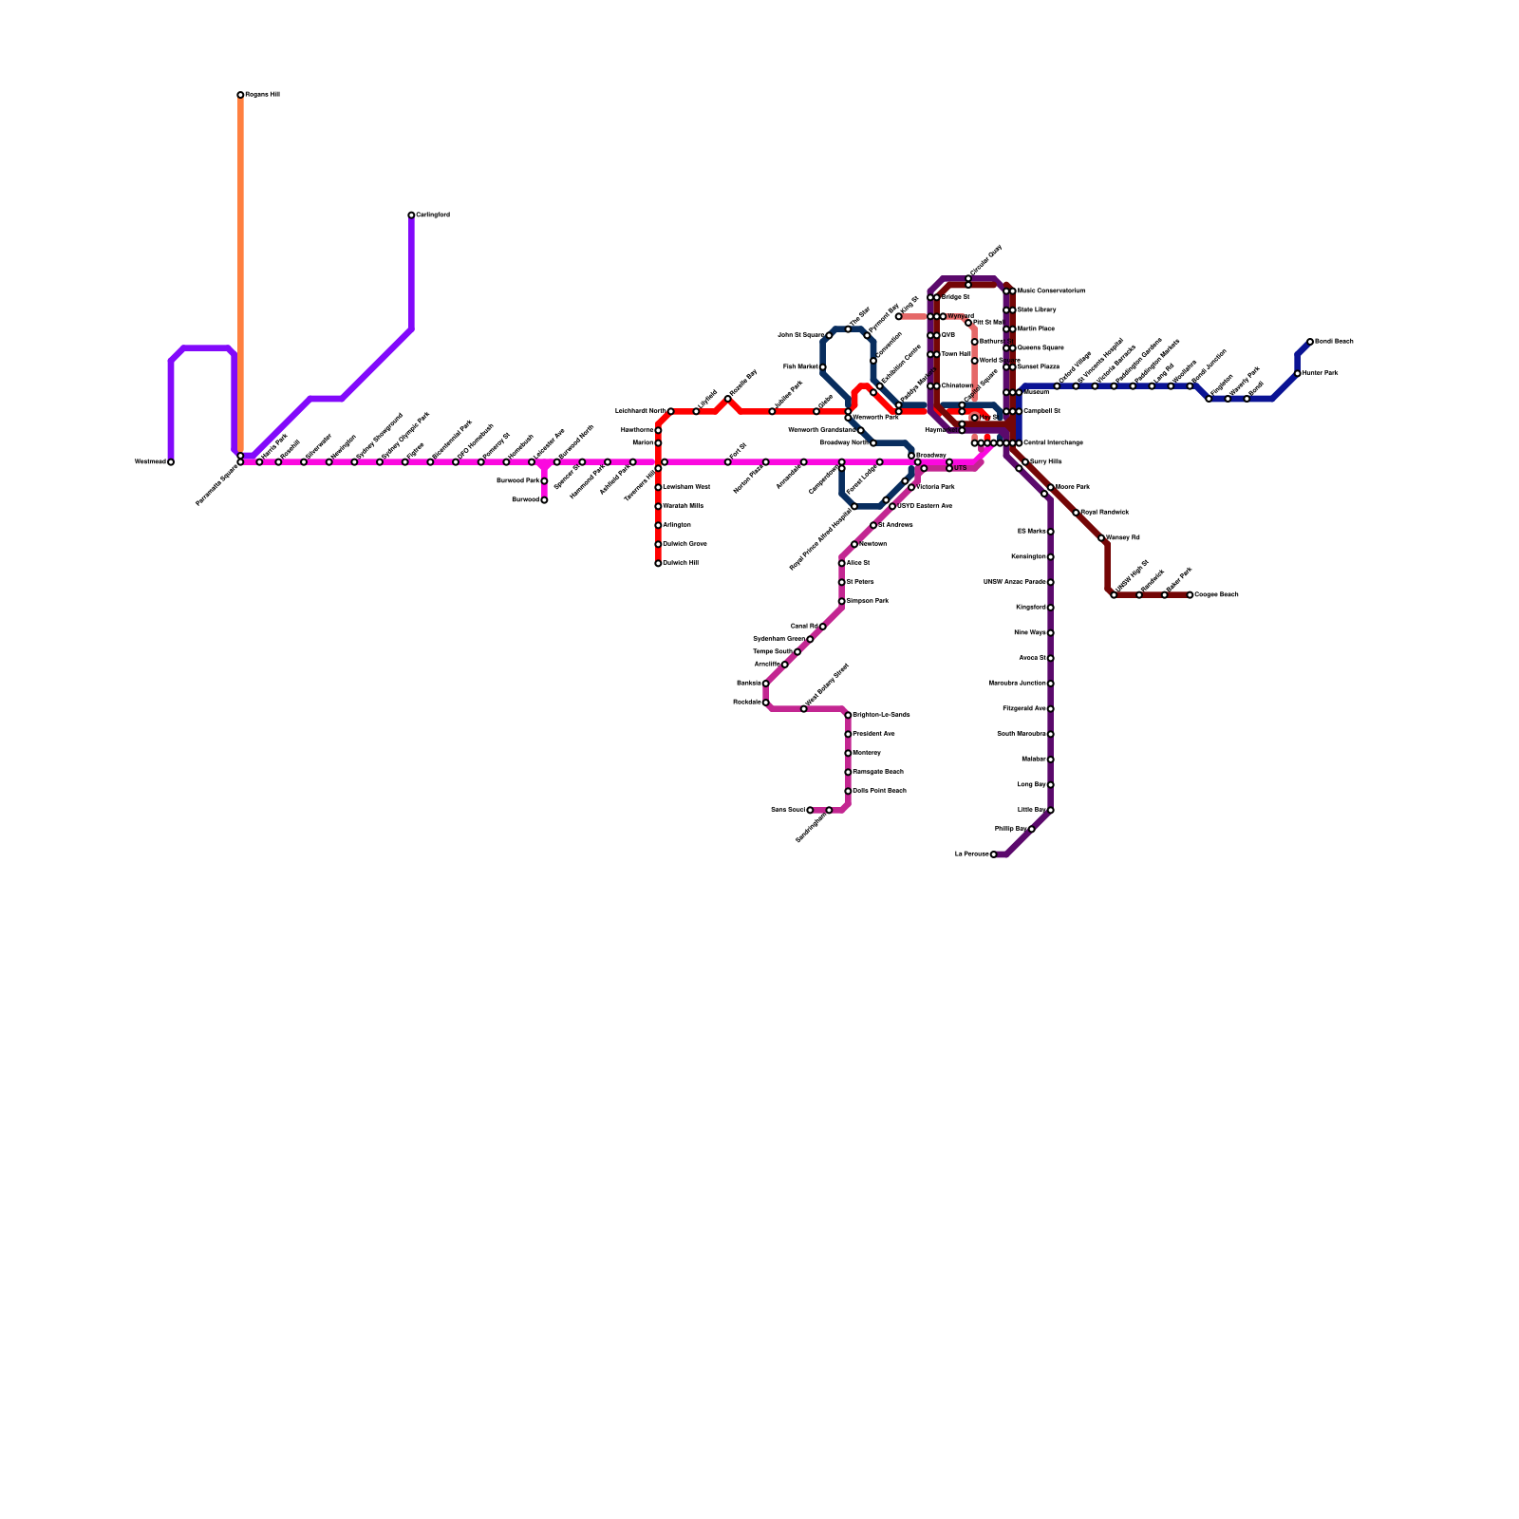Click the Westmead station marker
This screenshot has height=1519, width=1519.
(171, 462)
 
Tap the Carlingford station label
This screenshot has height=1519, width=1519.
(433, 216)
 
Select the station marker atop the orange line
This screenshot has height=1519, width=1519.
(240, 95)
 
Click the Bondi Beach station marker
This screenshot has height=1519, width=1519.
(1310, 342)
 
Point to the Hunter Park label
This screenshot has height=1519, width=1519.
(1321, 373)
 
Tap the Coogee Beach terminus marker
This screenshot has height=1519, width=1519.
(1190, 595)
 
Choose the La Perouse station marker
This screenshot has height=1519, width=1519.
(994, 854)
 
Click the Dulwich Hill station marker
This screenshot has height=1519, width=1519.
(658, 563)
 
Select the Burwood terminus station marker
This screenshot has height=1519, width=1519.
(544, 500)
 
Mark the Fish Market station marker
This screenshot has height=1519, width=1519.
(822, 366)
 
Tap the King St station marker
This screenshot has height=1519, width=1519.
(898, 316)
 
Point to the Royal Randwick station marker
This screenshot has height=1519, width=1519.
(1076, 513)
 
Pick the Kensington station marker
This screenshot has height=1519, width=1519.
(1051, 557)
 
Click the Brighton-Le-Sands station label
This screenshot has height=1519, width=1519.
(882, 715)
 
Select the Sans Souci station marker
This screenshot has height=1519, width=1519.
(810, 811)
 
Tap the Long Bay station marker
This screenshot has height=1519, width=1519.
(1051, 785)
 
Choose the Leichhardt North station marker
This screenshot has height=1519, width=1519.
(670, 411)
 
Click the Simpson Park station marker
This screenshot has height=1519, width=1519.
(841, 601)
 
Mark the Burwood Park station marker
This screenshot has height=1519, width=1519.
(544, 481)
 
